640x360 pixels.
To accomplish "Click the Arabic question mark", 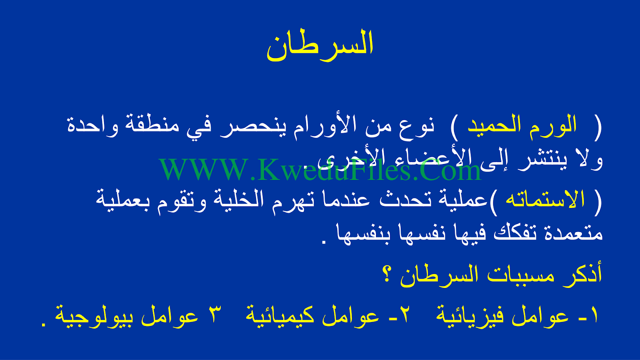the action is point(387,275).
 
